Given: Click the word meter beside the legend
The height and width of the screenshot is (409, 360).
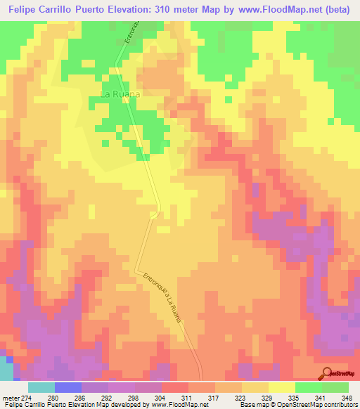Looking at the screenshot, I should [x=10, y=398].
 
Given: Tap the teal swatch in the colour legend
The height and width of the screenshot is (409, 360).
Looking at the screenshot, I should [x=41, y=387].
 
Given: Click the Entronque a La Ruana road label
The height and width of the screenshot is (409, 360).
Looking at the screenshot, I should [x=161, y=298].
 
